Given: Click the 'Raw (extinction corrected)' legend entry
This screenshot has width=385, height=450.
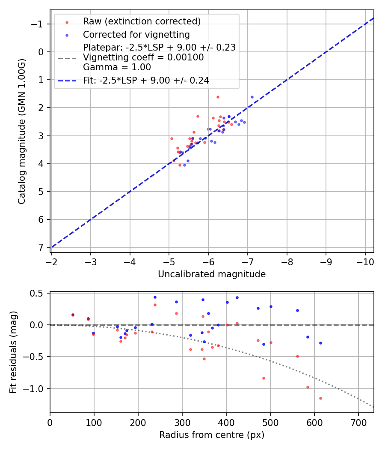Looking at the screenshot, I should point(142,21).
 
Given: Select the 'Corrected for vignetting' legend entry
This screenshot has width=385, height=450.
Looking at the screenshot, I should point(136,34).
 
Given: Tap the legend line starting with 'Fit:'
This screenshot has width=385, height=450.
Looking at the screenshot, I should point(146,80).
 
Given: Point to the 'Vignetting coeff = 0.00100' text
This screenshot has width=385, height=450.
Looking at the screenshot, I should point(143,57).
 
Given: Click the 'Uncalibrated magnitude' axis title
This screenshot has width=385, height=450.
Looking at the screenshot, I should point(212,274).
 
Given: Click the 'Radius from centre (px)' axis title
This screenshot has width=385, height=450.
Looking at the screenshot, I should point(212,435).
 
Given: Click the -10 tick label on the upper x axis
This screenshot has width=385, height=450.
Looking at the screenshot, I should point(365,261).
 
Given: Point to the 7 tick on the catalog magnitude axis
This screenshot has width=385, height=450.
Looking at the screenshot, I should point(41,248).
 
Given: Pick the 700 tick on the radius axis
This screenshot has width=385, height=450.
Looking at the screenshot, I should point(358,422).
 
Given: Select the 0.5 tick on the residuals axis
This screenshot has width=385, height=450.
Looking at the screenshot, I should point(39,293).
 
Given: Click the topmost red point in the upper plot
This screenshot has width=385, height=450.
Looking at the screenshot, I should point(218,97).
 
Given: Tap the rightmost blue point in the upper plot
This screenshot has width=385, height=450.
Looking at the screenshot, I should point(252,97).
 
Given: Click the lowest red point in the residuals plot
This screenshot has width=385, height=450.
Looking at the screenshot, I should point(320,398).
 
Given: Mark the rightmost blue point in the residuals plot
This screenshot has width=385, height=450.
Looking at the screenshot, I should point(320,343).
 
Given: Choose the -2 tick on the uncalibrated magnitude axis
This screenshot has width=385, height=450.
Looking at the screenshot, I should point(51,261).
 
